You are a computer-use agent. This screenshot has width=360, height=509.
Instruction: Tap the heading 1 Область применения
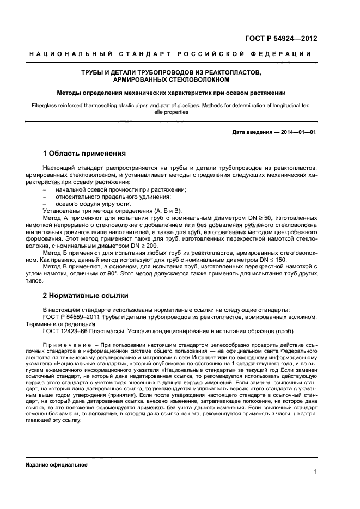coord(84,154)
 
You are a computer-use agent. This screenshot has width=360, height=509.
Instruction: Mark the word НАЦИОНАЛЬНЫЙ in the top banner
coord(70,54)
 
